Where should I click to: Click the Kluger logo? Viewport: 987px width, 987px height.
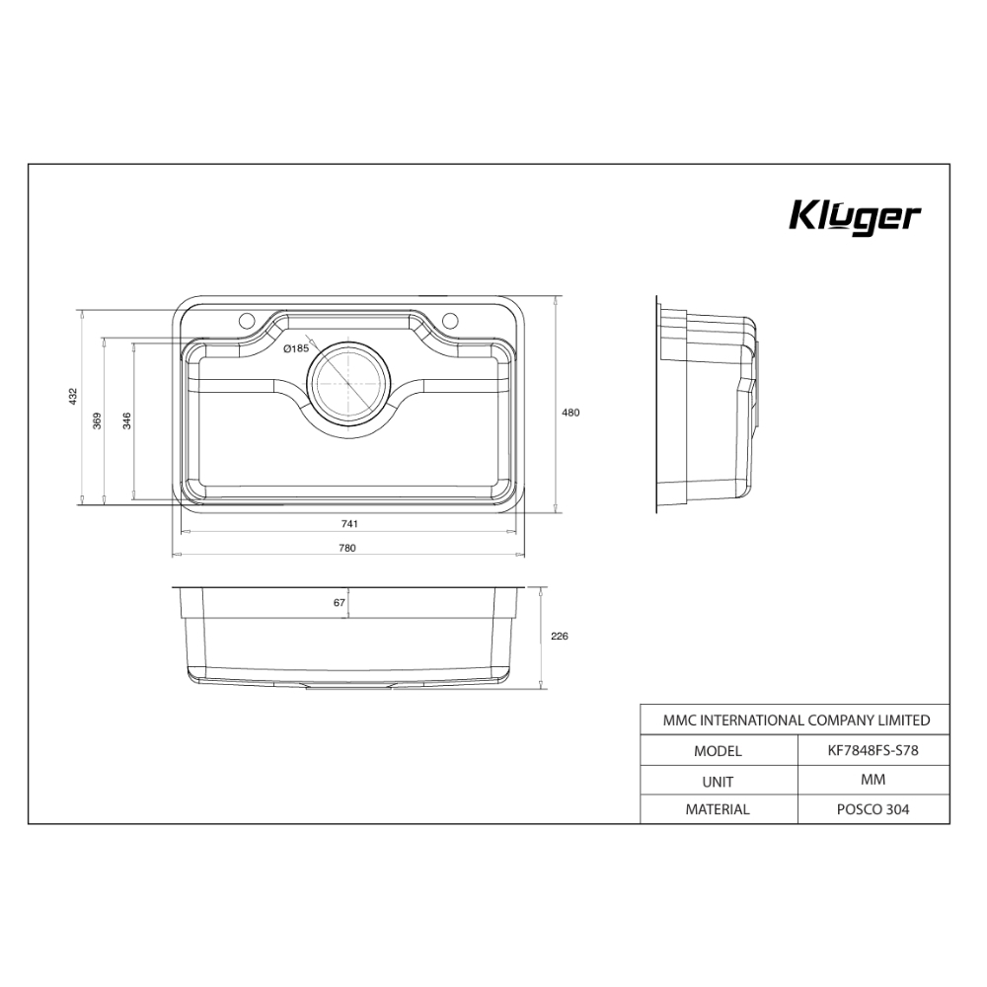(855, 217)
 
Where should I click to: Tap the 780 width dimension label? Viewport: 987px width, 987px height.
(347, 548)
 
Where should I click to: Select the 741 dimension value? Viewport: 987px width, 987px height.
(347, 523)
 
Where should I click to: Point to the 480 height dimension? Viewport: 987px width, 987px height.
(570, 413)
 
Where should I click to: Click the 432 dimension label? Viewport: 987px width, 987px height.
(72, 397)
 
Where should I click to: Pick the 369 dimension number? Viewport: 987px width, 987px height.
(97, 420)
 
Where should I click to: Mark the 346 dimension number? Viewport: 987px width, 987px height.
(126, 420)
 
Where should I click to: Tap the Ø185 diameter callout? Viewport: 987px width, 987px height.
(296, 348)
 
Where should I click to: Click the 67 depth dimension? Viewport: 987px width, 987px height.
(339, 602)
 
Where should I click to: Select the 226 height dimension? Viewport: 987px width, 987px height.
(559, 637)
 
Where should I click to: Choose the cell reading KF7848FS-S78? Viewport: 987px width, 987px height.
(873, 750)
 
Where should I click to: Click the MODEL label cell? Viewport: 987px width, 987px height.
(718, 750)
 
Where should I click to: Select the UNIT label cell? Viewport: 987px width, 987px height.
(718, 780)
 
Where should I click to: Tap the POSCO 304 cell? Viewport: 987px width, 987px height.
(873, 809)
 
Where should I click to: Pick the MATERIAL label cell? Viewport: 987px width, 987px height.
(718, 809)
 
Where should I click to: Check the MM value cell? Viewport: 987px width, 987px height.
(873, 780)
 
